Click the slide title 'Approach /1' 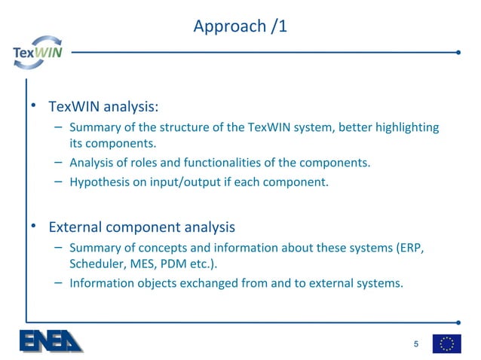(240, 26)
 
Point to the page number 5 (415, 344)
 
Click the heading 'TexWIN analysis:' (103, 105)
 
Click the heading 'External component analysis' (142, 227)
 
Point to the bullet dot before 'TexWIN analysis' (33, 105)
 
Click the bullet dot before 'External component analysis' (33, 227)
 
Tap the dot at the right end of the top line (458, 53)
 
